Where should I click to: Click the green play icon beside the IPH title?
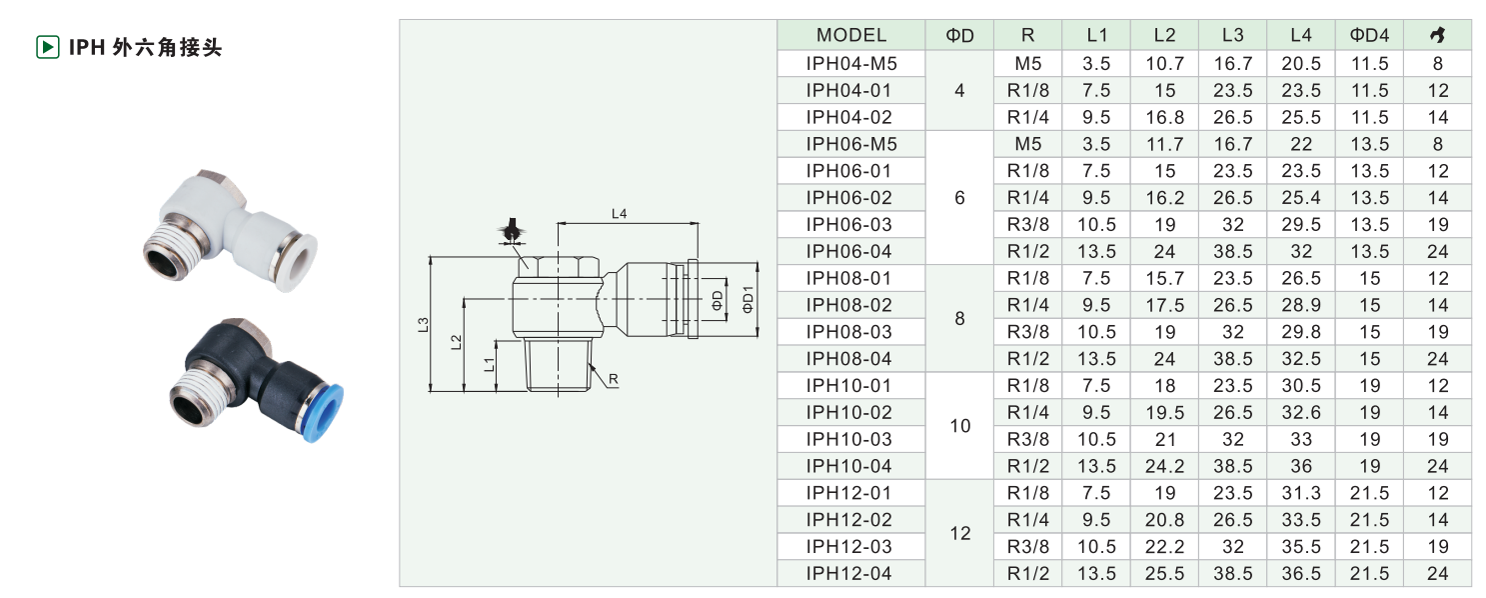tap(47, 47)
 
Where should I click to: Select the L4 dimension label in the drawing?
tap(619, 214)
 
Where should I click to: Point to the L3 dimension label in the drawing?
tap(423, 325)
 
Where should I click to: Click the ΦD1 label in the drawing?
tap(747, 299)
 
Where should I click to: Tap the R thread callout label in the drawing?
tap(613, 379)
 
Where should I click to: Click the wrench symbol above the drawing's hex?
tap(512, 231)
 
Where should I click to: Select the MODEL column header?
tap(851, 35)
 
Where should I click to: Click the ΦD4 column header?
tap(1369, 35)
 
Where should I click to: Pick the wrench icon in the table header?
tap(1437, 35)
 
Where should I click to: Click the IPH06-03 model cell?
tap(848, 224)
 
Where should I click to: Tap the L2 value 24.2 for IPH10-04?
tap(1164, 466)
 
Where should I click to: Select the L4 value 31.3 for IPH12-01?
tap(1301, 492)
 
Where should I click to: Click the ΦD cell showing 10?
tap(959, 425)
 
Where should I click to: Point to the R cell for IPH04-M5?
tap(1027, 64)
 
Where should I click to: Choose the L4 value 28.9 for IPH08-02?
tap(1301, 305)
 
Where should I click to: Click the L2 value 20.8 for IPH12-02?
tap(1164, 520)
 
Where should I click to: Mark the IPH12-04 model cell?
tap(848, 573)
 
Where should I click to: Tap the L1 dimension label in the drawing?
tap(489, 364)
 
